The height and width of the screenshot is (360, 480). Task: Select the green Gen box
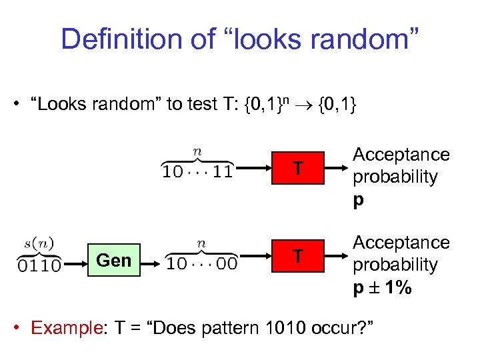114,260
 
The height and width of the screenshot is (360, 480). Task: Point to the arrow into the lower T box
257,256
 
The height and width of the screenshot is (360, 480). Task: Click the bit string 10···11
198,171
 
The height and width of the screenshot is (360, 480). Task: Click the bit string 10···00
202,263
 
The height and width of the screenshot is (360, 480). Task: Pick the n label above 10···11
197,152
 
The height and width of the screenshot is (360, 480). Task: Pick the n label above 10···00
201,244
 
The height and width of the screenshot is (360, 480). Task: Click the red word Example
65,327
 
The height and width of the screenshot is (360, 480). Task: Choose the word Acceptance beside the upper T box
401,155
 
